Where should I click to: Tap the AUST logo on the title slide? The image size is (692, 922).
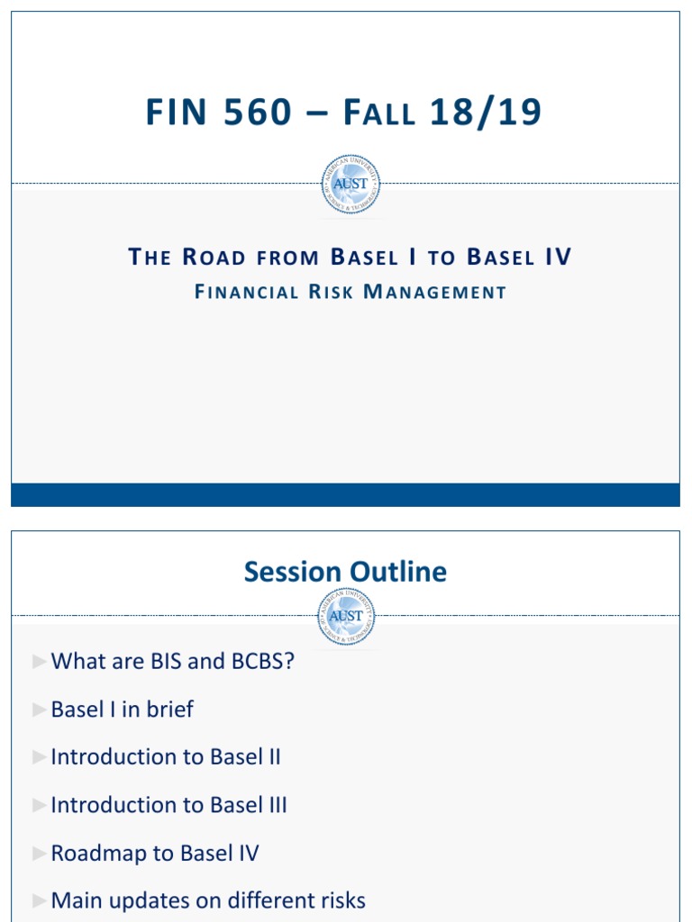click(351, 185)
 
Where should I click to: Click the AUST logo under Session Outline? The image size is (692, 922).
click(347, 616)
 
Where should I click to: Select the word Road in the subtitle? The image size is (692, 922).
click(214, 258)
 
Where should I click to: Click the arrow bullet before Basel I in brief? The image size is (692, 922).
click(38, 710)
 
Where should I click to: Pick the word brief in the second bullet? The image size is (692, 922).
click(170, 710)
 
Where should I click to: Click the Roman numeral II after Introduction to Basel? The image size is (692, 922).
click(270, 757)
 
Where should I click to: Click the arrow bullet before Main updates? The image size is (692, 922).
click(38, 900)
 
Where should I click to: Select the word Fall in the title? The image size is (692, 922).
click(379, 113)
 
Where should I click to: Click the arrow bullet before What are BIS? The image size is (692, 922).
click(38, 662)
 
